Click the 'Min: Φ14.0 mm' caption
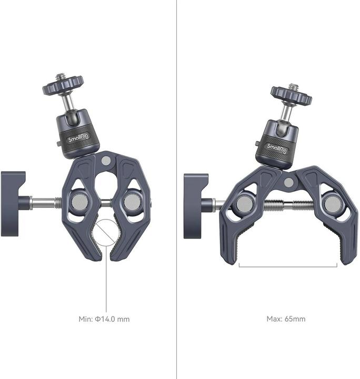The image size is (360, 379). coord(104,319)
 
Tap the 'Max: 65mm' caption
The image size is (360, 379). coord(286,319)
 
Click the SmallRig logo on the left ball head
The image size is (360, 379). coord(78,138)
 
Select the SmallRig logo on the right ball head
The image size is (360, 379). coord(277,148)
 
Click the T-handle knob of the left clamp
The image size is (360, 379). coord(14,204)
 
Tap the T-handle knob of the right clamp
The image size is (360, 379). coord(196,206)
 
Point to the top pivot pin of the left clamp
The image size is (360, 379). coord(106,161)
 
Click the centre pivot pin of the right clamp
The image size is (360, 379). coord(289,183)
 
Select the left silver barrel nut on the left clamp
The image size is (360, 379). coord(79,202)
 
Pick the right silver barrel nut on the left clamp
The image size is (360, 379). coord(132,202)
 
